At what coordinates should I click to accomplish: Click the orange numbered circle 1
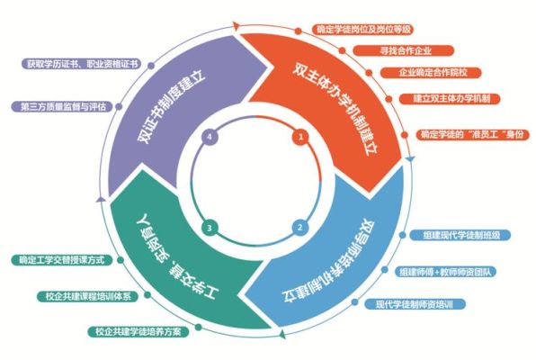300,137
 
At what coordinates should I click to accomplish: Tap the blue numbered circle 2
300,228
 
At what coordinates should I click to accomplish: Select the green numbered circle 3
210,228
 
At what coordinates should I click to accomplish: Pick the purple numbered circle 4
210,137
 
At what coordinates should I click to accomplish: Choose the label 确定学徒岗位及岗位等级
362,29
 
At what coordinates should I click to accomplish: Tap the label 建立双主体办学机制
450,99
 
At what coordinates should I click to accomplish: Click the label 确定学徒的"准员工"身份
472,134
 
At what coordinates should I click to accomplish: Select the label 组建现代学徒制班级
460,235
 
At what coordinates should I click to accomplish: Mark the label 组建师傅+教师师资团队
446,272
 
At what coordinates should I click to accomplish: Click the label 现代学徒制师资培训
415,304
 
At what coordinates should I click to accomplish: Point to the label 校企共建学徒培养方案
138,331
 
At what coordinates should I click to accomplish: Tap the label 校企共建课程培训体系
88,296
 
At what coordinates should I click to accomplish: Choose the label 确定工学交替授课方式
62,260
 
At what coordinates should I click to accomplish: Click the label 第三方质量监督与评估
62,106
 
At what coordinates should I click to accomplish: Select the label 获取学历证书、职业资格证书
81,64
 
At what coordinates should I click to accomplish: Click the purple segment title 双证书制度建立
172,107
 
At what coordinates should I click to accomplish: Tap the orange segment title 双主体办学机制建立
335,109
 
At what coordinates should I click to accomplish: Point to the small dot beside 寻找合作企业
342,50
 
